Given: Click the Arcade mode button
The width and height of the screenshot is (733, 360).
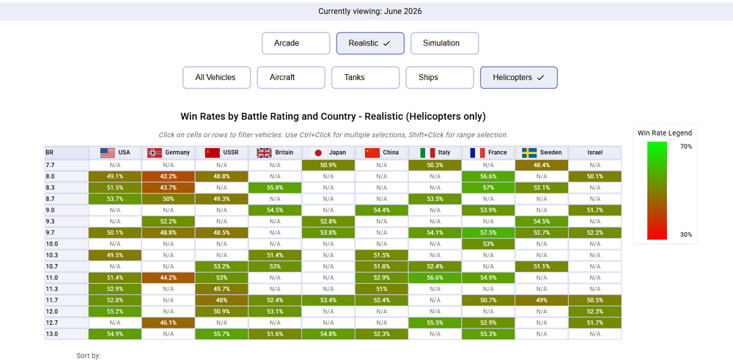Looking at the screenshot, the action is pyautogui.click(x=296, y=43).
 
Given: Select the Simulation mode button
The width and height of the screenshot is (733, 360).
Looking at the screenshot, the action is pyautogui.click(x=445, y=43).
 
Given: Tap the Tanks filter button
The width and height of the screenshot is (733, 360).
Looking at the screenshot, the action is pyautogui.click(x=366, y=78).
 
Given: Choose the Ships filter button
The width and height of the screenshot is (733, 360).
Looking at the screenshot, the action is pyautogui.click(x=440, y=78).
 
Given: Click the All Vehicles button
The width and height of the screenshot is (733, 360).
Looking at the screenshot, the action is pyautogui.click(x=216, y=78).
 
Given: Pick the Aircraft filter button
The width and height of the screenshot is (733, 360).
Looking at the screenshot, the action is pyautogui.click(x=291, y=78).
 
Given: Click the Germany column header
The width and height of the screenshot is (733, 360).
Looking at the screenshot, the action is pyautogui.click(x=169, y=153).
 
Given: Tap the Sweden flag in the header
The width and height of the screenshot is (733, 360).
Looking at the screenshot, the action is pyautogui.click(x=529, y=153).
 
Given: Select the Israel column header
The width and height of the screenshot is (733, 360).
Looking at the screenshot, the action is pyautogui.click(x=595, y=153).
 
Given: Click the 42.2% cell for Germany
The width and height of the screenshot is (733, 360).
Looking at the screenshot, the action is pyautogui.click(x=169, y=176).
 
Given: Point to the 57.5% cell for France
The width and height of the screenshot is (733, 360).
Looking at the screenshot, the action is pyautogui.click(x=488, y=232).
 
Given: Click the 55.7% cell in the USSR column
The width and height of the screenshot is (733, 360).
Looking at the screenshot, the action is pyautogui.click(x=221, y=334).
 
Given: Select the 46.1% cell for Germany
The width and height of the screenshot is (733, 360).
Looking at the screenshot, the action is pyautogui.click(x=169, y=323).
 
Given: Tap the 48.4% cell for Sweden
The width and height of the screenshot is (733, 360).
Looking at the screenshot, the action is pyautogui.click(x=542, y=165).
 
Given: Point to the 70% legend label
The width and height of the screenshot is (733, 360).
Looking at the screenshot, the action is pyautogui.click(x=686, y=147).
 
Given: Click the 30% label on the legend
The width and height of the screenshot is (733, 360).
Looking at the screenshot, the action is pyautogui.click(x=686, y=235).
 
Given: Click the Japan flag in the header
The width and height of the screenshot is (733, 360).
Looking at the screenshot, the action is pyautogui.click(x=319, y=153).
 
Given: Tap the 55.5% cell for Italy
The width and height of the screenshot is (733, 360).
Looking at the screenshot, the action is pyautogui.click(x=435, y=323).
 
